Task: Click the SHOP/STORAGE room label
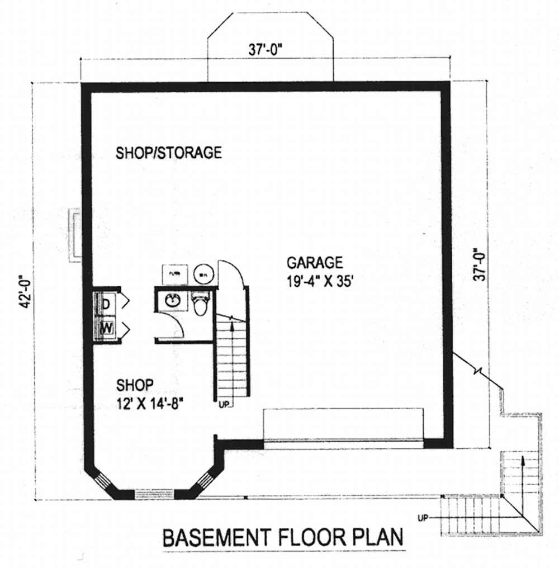(169, 153)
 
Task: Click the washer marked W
(106, 328)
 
